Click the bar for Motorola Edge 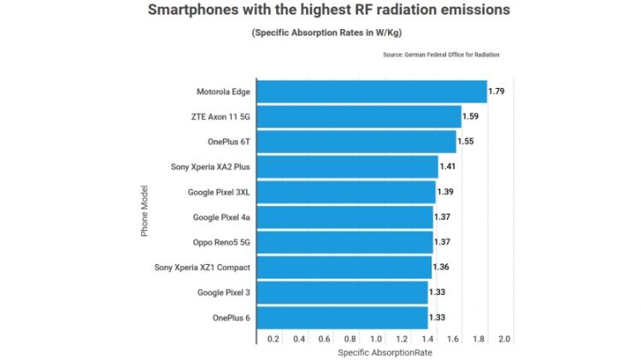[x=371, y=91]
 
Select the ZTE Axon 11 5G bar [x=358, y=116]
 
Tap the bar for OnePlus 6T [x=356, y=142]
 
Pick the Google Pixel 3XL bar [x=345, y=192]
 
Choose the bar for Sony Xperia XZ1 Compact [x=344, y=268]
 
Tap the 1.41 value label [x=449, y=167]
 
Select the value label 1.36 [x=442, y=268]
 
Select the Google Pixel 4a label [x=221, y=217]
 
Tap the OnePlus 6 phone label [x=231, y=318]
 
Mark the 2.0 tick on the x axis [x=503, y=339]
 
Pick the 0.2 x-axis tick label [x=273, y=339]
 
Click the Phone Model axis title [x=144, y=210]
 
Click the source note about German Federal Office [x=441, y=55]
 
